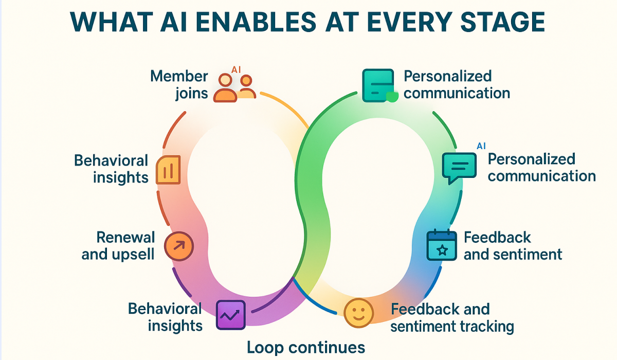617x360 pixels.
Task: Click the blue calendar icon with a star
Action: (442, 245)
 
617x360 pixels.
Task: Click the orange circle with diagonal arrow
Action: (178, 245)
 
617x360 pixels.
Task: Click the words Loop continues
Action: (306, 347)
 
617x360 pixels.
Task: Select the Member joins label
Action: (179, 85)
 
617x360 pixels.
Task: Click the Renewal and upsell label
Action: (118, 245)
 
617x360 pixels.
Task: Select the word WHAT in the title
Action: (105, 23)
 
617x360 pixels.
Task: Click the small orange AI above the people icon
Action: (236, 69)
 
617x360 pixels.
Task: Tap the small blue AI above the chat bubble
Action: (481, 146)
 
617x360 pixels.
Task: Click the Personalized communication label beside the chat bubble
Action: (541, 167)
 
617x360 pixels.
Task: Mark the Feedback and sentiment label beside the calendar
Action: (513, 245)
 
